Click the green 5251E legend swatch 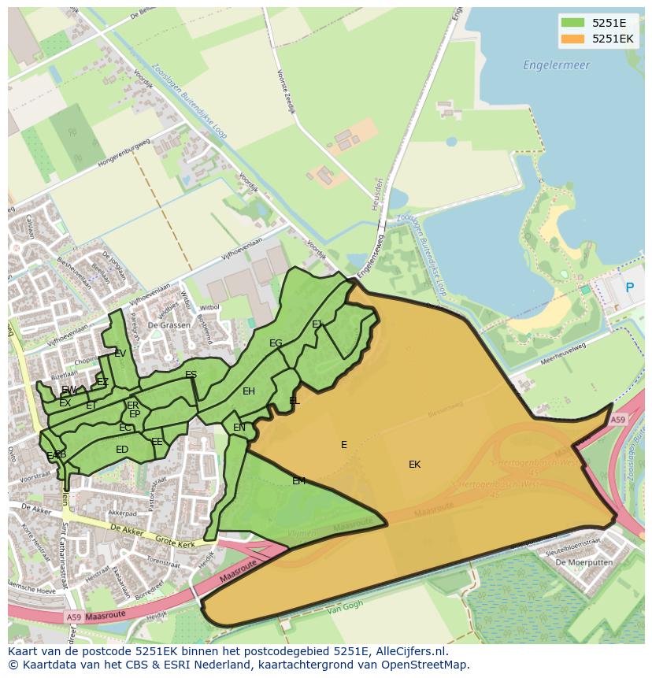pos(572,22)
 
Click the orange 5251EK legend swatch pos(572,39)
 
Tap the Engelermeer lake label pos(556,65)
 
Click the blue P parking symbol pos(629,288)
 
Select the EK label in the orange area pos(414,465)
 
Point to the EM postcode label pos(298,481)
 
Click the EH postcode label pos(249,391)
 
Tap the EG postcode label pos(276,343)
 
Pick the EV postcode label pos(120,354)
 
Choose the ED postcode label pos(122,450)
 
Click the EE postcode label pos(157,442)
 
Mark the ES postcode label pos(191,375)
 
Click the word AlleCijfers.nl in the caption pos(409,652)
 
